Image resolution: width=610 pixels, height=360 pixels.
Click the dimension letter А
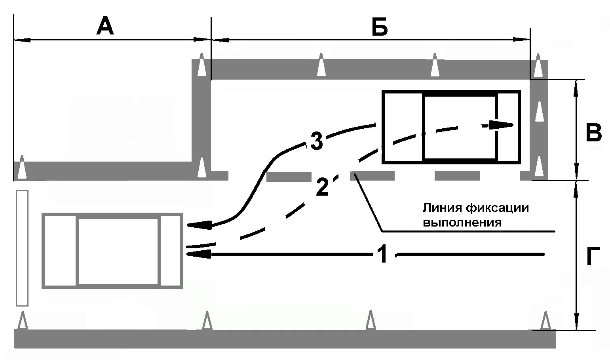pyautogui.click(x=105, y=27)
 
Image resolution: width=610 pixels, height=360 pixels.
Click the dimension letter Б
pyautogui.click(x=379, y=27)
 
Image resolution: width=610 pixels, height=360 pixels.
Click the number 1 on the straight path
pyautogui.click(x=382, y=254)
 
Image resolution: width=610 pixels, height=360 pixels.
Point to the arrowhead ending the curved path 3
pyautogui.click(x=198, y=225)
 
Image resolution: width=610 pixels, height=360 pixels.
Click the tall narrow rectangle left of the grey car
pyautogui.click(x=22, y=248)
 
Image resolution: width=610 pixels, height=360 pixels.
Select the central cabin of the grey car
pyautogui.click(x=118, y=251)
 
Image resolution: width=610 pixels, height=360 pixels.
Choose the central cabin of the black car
pyautogui.click(x=460, y=127)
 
